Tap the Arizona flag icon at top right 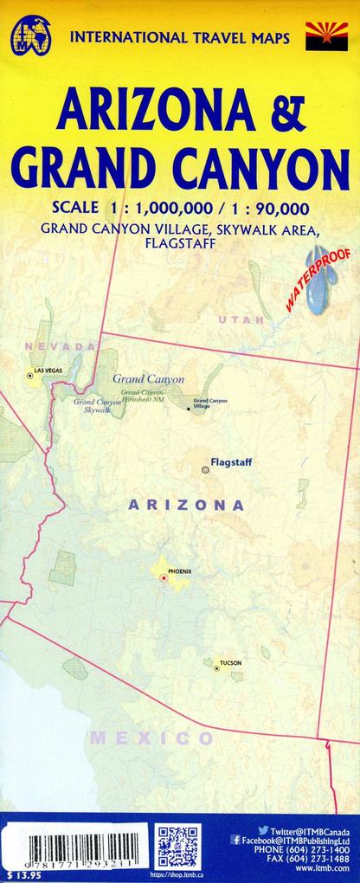326,37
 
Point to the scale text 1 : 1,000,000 150,207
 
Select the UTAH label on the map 238,320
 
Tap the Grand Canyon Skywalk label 97,405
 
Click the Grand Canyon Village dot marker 189,408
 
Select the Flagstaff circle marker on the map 205,469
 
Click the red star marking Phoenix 163,577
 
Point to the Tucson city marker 216,667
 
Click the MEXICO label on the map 151,738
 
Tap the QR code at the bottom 178,847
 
